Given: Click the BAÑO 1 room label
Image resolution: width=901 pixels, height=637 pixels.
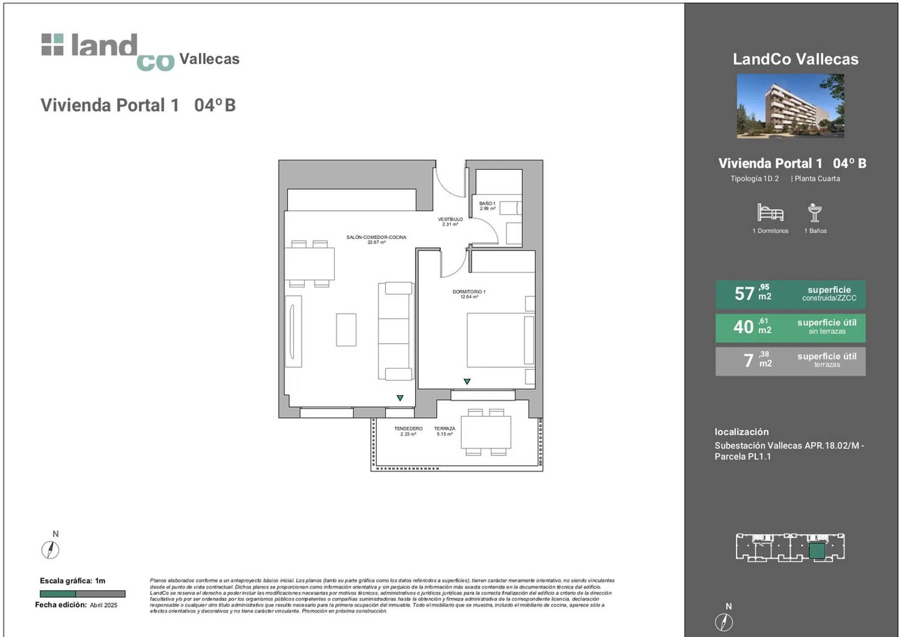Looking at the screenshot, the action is coord(487,206).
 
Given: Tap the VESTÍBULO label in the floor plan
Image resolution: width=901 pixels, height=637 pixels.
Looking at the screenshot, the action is coord(450,222).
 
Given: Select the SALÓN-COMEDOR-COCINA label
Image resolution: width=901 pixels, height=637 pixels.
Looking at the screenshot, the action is coord(376,240).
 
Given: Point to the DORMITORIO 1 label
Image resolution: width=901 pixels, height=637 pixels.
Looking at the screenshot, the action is coord(469,294).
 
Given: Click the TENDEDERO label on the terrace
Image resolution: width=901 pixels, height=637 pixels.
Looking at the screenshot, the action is coord(408,431).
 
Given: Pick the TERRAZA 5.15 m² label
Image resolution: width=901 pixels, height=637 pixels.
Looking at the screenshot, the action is coord(444,431).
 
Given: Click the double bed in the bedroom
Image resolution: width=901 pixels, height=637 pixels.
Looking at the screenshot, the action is coord(500,340).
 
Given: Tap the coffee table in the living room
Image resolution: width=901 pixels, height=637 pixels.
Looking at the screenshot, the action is coord(346,330).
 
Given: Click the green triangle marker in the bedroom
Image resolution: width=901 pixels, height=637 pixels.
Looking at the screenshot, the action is coord(467,381).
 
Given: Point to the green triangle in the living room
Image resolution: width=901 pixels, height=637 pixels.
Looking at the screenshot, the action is coord(400,398).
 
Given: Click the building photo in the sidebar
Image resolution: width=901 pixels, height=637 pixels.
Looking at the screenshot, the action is coord(790,106).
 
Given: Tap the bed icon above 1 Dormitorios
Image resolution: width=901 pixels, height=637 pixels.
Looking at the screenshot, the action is coord(770,212).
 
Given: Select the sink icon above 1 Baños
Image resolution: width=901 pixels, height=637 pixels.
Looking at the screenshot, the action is coord(814,212).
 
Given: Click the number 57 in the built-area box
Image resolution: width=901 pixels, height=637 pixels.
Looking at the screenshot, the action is coord(744,293).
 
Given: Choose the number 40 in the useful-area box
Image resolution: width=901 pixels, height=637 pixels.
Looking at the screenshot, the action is coord(743,327).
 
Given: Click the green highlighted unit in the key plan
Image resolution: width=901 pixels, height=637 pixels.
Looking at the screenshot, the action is coord(817,551).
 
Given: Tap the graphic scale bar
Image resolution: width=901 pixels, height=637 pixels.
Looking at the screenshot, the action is coord(83,594).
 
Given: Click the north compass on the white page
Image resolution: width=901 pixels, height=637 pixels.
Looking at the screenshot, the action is coord(50,550).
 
